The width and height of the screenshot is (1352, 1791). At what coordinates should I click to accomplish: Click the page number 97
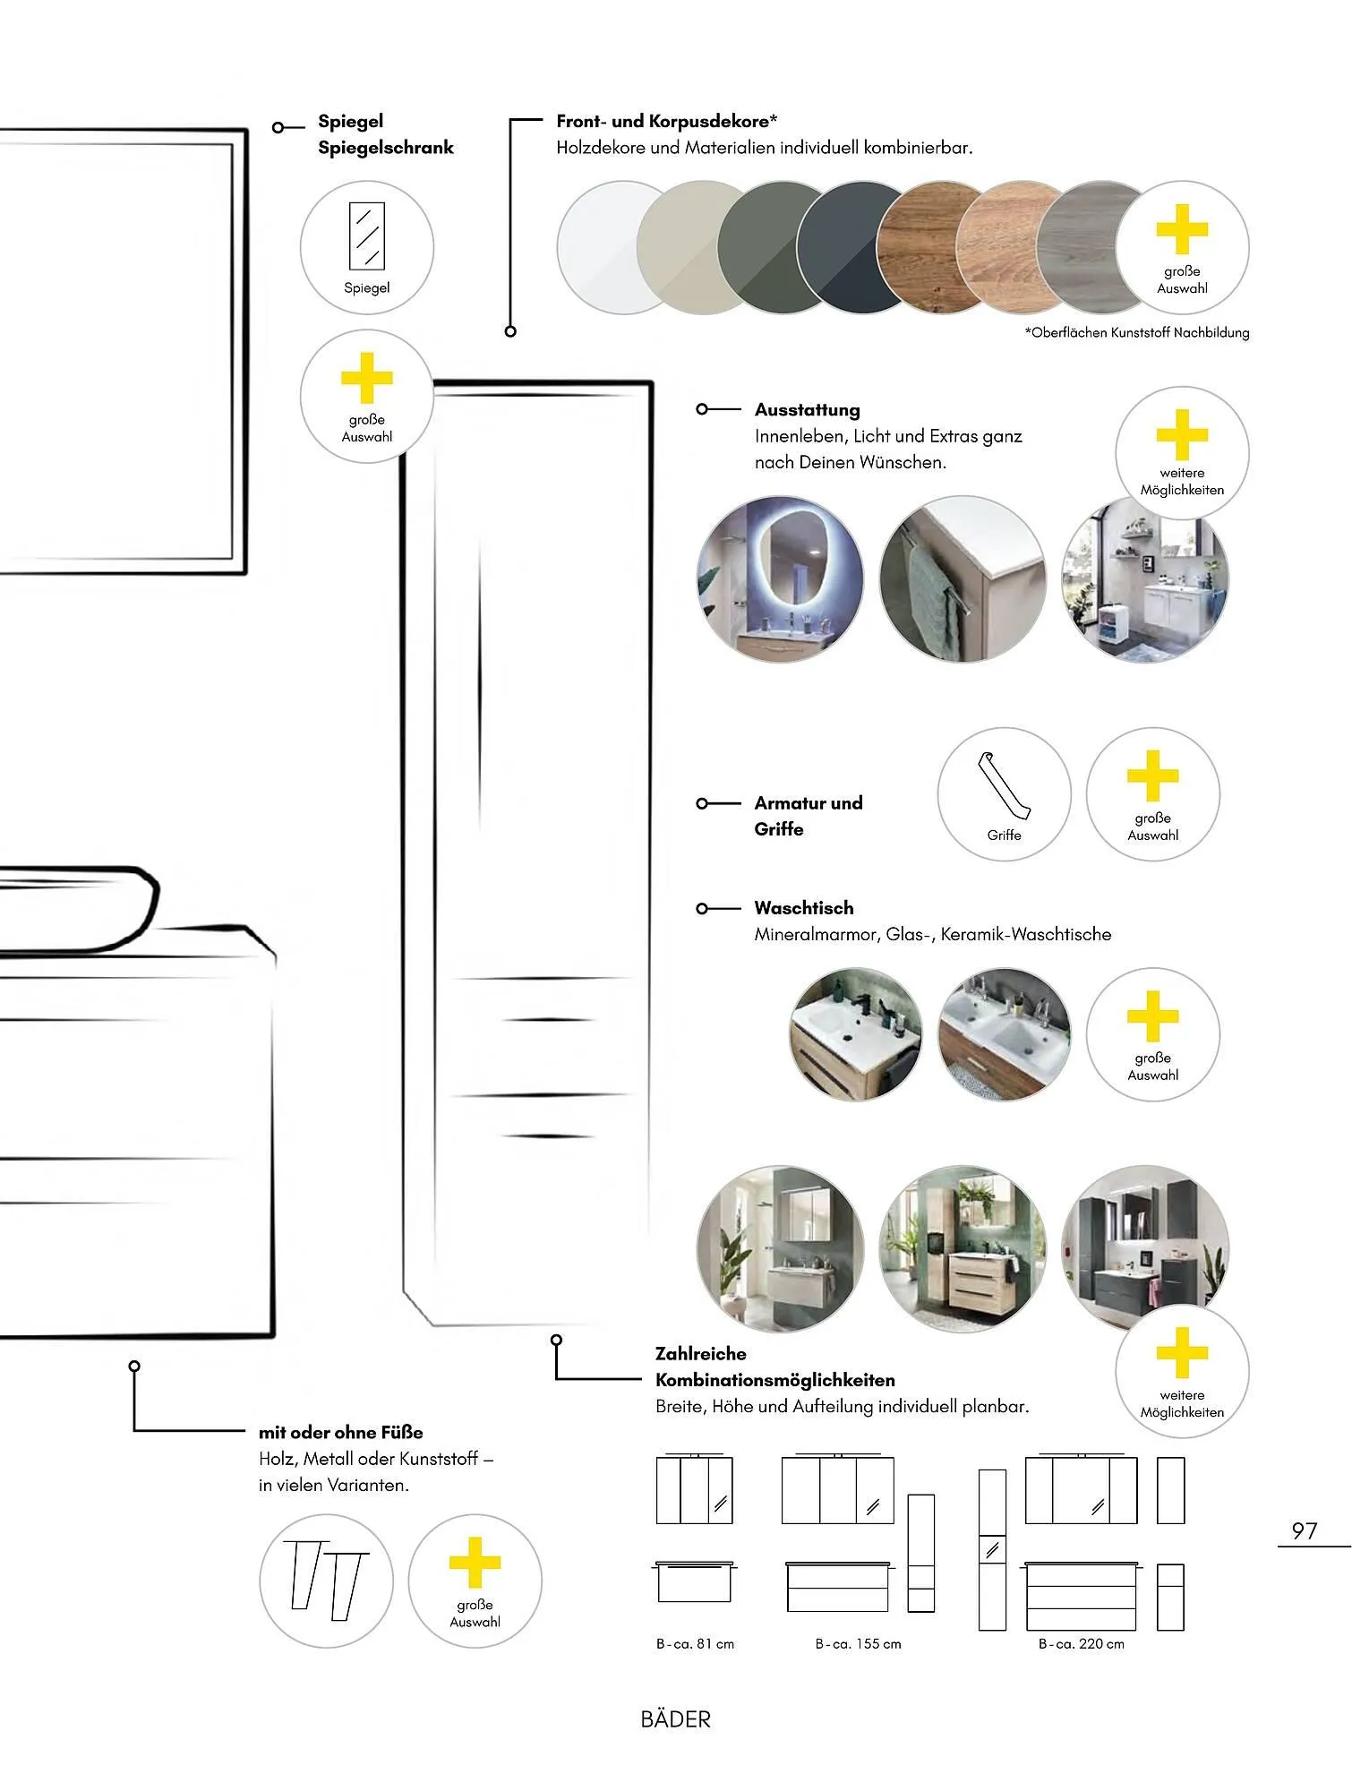[x=1304, y=1530]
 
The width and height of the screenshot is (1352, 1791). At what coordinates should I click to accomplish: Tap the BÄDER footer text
[x=676, y=1719]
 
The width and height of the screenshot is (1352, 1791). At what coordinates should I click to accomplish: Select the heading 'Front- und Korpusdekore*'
[x=666, y=121]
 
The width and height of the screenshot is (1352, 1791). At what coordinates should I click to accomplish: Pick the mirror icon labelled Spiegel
[x=367, y=247]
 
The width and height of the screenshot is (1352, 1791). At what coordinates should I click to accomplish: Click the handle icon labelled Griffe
[x=1004, y=794]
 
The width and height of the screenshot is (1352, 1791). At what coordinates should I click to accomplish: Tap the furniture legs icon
[x=326, y=1581]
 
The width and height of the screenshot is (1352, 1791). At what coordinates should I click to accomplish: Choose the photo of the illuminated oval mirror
[x=780, y=579]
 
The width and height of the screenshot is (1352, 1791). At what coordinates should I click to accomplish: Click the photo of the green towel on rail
[x=963, y=579]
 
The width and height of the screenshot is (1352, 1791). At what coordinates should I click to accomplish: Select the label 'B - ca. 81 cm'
[x=695, y=1644]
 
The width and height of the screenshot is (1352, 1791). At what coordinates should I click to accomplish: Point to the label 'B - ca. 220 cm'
[x=1081, y=1644]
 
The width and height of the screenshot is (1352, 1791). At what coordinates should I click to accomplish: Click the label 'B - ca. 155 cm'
[x=858, y=1644]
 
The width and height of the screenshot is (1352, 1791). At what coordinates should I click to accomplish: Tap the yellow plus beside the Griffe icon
[x=1152, y=776]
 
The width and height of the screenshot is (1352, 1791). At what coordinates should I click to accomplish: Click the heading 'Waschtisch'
[x=804, y=908]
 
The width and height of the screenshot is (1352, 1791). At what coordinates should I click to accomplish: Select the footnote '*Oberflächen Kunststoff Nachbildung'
[x=1136, y=333]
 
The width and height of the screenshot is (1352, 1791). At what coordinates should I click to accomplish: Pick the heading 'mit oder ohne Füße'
[x=340, y=1433]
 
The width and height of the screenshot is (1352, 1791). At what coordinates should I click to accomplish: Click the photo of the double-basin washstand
[x=1004, y=1034]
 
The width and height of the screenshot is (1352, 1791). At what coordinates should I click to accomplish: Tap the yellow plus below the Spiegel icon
[x=367, y=379]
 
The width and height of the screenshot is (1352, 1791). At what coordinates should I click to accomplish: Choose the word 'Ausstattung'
[x=807, y=410]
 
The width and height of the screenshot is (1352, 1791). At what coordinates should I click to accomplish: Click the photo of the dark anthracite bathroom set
[x=1144, y=1248]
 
